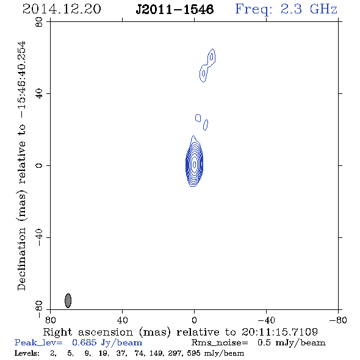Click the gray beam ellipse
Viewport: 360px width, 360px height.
(x=68, y=301)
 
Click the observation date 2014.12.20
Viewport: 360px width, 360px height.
(x=62, y=9)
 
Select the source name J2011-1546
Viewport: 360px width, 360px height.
(x=175, y=9)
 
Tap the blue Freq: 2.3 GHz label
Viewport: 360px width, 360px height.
(x=286, y=9)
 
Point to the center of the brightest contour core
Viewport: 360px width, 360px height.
(x=194, y=164)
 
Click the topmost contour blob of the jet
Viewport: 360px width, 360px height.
(x=211, y=57)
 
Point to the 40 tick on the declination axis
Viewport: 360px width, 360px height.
(x=39, y=94)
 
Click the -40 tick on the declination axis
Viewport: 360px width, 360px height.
(x=39, y=237)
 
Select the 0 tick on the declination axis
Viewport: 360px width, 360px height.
(x=39, y=165)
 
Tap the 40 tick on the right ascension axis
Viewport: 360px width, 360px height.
(x=122, y=320)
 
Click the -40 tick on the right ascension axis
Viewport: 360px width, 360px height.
(x=266, y=320)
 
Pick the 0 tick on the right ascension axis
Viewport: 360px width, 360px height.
(x=194, y=320)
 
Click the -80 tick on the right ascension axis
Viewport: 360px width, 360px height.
(x=338, y=320)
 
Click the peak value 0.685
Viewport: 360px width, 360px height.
(x=84, y=342)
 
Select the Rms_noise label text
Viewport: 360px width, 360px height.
(x=220, y=343)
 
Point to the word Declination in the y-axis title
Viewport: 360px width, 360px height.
(x=21, y=259)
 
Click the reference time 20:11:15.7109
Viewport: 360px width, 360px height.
(x=279, y=332)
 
